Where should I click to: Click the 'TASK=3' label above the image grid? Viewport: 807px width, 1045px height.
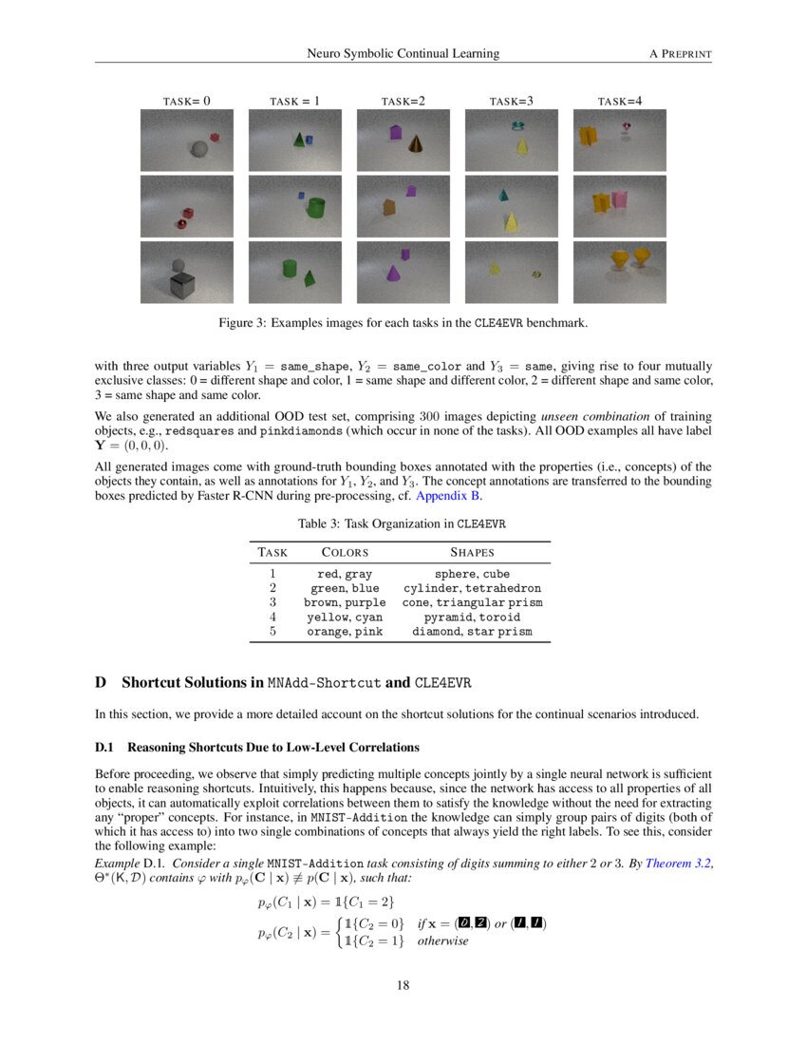pyautogui.click(x=512, y=100)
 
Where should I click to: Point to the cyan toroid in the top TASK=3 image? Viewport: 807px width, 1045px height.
pyautogui.click(x=517, y=125)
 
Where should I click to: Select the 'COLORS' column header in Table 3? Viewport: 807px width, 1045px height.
pyautogui.click(x=345, y=552)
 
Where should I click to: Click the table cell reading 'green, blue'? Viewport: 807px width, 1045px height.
pyautogui.click(x=345, y=588)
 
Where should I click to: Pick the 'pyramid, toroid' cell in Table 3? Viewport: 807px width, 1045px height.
pyautogui.click(x=472, y=617)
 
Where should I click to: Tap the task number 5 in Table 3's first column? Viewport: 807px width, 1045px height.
pyautogui.click(x=272, y=631)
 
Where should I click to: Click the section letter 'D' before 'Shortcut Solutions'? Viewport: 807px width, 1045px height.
pyautogui.click(x=100, y=683)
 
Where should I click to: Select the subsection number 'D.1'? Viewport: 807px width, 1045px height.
pyautogui.click(x=105, y=747)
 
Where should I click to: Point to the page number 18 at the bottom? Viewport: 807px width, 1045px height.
pyautogui.click(x=403, y=985)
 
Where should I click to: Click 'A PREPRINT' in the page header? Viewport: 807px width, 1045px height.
pyautogui.click(x=680, y=53)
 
